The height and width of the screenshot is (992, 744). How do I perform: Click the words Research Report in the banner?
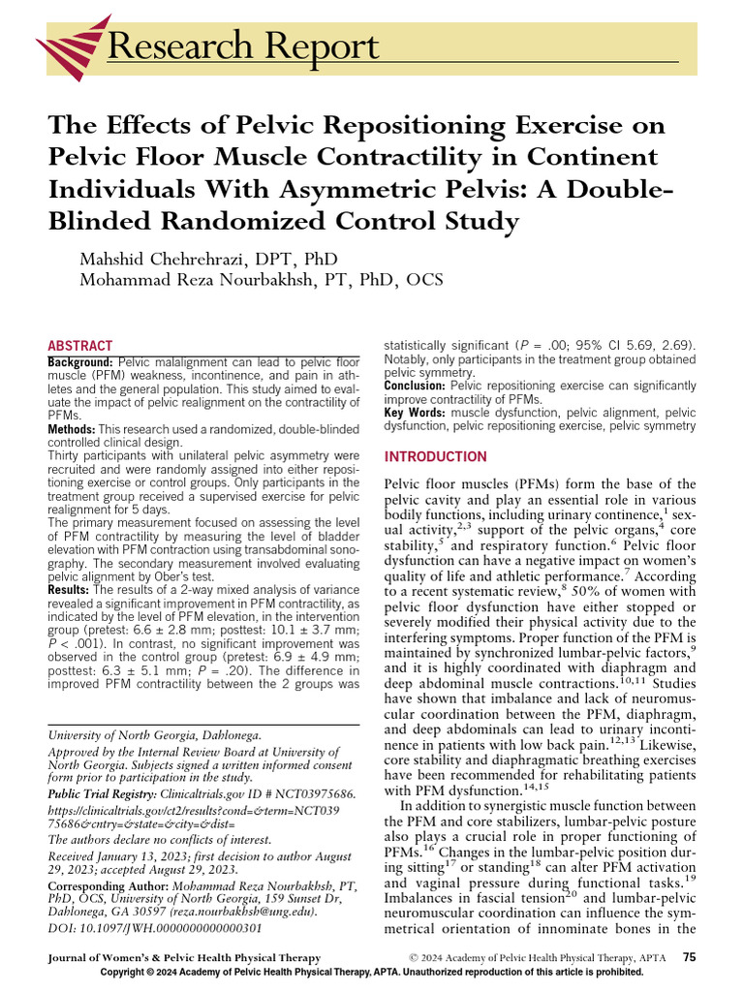(x=242, y=46)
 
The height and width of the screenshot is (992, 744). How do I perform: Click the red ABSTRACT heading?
(x=80, y=346)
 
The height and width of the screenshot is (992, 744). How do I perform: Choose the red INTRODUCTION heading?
(x=436, y=456)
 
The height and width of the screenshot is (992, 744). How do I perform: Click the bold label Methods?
(x=71, y=428)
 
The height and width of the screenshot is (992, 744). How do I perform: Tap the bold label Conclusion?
(x=416, y=385)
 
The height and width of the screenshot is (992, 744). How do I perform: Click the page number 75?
(x=689, y=957)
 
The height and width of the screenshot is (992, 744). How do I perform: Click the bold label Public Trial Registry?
(x=110, y=793)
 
